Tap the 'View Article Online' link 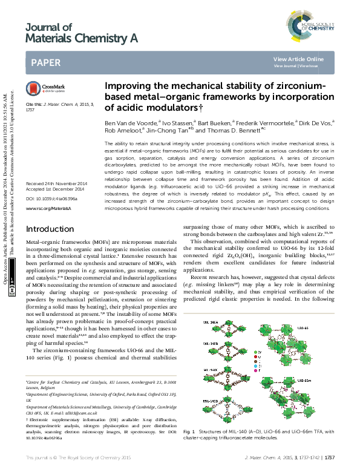[298, 59]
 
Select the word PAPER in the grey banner [45, 62]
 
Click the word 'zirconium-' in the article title [287, 86]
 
